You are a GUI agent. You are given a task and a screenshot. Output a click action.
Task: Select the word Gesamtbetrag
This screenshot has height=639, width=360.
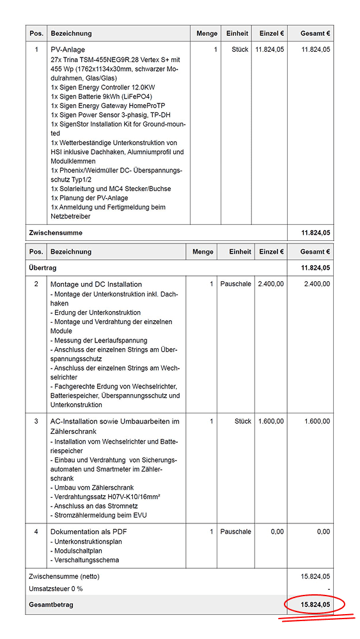51,604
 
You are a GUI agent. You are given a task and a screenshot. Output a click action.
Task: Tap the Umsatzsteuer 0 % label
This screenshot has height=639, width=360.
56,589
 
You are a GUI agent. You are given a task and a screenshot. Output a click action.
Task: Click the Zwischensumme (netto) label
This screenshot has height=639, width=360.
65,576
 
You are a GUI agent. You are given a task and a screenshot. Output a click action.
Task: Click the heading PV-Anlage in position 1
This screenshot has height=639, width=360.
68,49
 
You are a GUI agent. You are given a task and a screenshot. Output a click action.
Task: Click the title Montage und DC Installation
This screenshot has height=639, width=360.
96,284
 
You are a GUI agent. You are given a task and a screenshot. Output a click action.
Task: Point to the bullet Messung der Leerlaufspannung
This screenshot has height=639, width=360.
98,340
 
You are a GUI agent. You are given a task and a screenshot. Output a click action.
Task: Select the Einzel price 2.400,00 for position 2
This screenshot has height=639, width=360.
270,284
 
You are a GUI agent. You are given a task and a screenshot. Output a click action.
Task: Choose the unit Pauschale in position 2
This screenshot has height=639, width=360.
235,284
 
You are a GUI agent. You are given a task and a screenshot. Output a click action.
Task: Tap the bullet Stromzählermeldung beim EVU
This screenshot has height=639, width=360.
102,515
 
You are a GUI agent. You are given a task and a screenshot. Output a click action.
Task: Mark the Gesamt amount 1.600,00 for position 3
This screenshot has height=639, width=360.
317,421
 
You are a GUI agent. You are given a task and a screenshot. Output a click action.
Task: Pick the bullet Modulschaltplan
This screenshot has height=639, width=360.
79,551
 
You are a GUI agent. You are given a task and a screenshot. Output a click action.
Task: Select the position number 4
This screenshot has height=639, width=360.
36,532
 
